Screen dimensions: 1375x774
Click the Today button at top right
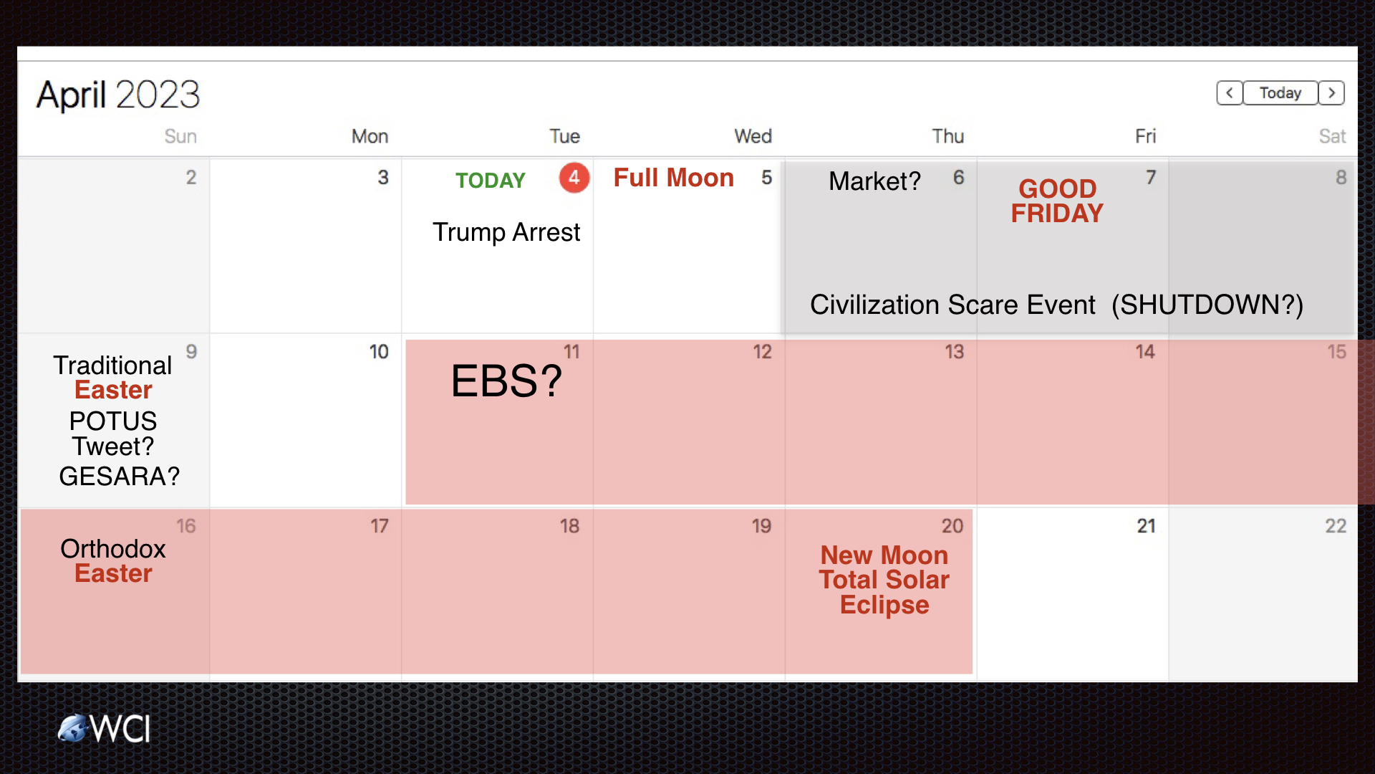1280,93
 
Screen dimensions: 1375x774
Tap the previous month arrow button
1230,93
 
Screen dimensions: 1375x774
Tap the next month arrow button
1331,93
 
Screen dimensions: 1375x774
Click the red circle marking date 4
574,178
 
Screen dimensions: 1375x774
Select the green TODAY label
491,181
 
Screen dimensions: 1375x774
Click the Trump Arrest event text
506,232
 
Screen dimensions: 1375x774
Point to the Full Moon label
674,178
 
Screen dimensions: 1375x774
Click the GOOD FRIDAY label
1057,201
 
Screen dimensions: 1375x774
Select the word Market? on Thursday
874,181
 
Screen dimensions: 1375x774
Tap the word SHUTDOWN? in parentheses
1207,305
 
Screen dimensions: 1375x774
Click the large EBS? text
506,381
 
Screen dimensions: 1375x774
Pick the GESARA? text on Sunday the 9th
120,476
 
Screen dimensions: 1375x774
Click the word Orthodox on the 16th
113,549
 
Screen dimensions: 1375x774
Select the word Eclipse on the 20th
884,605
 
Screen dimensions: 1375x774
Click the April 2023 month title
118,95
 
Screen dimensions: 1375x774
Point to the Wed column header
753,136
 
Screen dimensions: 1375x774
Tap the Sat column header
1332,136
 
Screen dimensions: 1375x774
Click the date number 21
1146,526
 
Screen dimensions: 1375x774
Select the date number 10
379,352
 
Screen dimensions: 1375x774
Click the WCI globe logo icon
72,729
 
